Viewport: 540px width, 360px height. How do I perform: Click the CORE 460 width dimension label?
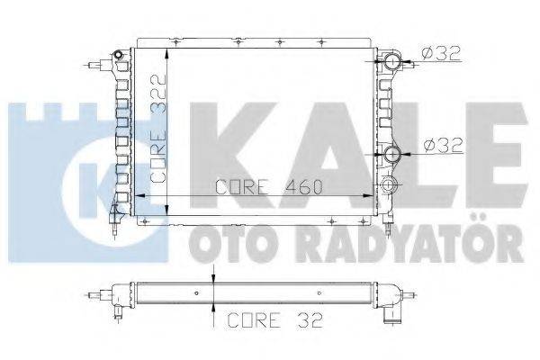(x=269, y=187)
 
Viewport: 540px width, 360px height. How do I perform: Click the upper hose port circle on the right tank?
(x=392, y=63)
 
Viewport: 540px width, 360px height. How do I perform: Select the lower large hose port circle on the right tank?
(x=392, y=155)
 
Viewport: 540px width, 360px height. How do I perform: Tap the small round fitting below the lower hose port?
(x=390, y=185)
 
